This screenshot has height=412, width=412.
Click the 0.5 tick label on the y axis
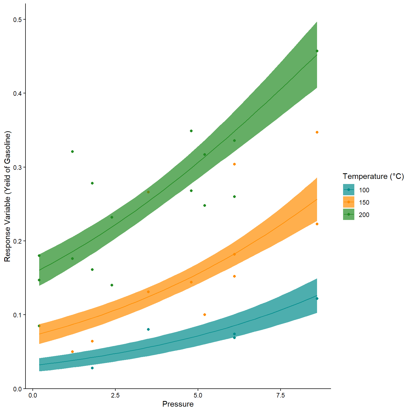(18, 20)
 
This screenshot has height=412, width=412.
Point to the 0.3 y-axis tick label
(18, 167)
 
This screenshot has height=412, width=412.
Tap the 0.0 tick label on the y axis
(18, 389)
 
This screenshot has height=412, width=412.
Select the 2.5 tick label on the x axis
(115, 396)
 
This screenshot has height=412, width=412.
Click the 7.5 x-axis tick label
(280, 396)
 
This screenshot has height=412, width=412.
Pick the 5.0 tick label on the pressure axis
(198, 396)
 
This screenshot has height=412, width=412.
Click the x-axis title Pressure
(178, 404)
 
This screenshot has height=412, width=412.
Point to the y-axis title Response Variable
(7, 196)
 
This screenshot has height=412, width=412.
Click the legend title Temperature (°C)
(373, 176)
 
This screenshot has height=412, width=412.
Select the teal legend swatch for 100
(348, 190)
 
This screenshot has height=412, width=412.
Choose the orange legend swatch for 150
(348, 202)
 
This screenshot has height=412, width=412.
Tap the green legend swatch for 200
(348, 214)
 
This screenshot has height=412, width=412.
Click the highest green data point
(317, 51)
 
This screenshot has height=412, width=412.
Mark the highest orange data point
(317, 132)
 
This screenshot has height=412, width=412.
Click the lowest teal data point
(92, 368)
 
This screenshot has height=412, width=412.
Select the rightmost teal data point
(317, 299)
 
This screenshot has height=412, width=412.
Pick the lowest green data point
(112, 285)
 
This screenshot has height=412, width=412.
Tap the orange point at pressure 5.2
(205, 315)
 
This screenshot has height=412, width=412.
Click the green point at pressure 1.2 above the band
(72, 152)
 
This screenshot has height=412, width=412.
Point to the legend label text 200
(364, 215)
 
